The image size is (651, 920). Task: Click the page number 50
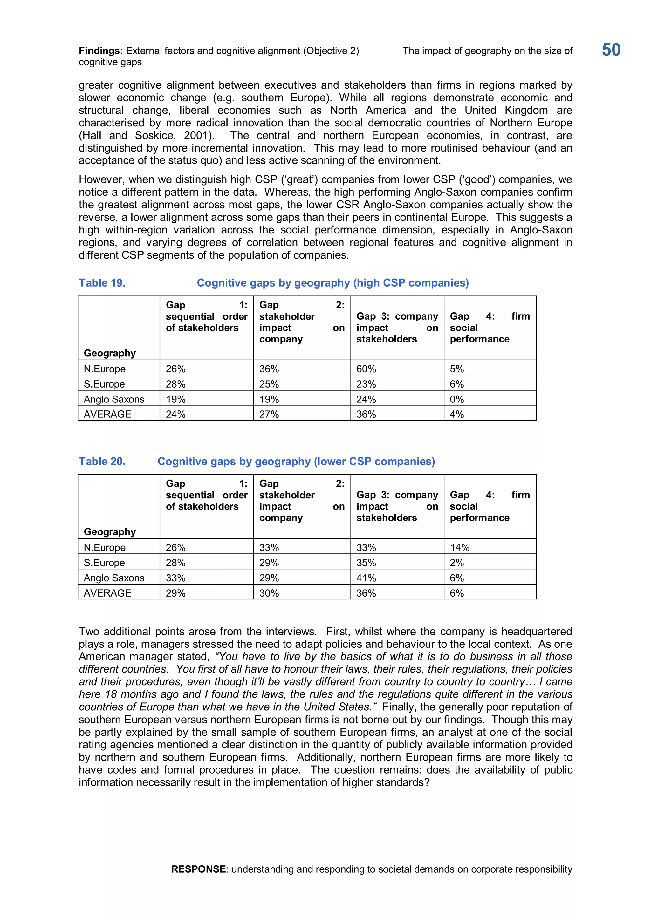coord(611,50)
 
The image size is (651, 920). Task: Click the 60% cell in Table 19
coord(366,369)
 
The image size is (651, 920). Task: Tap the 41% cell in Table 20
coord(366,578)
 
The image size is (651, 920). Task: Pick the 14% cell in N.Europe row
coord(459,547)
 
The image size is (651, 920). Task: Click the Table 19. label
coord(102,283)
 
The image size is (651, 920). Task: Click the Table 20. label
coord(102,462)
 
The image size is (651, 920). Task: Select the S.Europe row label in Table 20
coord(104,563)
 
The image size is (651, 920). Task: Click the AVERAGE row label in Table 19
coord(107,414)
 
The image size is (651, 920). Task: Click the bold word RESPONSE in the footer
coord(198,869)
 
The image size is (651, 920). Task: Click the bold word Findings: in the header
coord(101,51)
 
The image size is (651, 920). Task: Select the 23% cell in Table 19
coord(366,384)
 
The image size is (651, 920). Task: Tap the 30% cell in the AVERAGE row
coord(269,593)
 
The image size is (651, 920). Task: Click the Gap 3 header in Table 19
coord(397,328)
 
